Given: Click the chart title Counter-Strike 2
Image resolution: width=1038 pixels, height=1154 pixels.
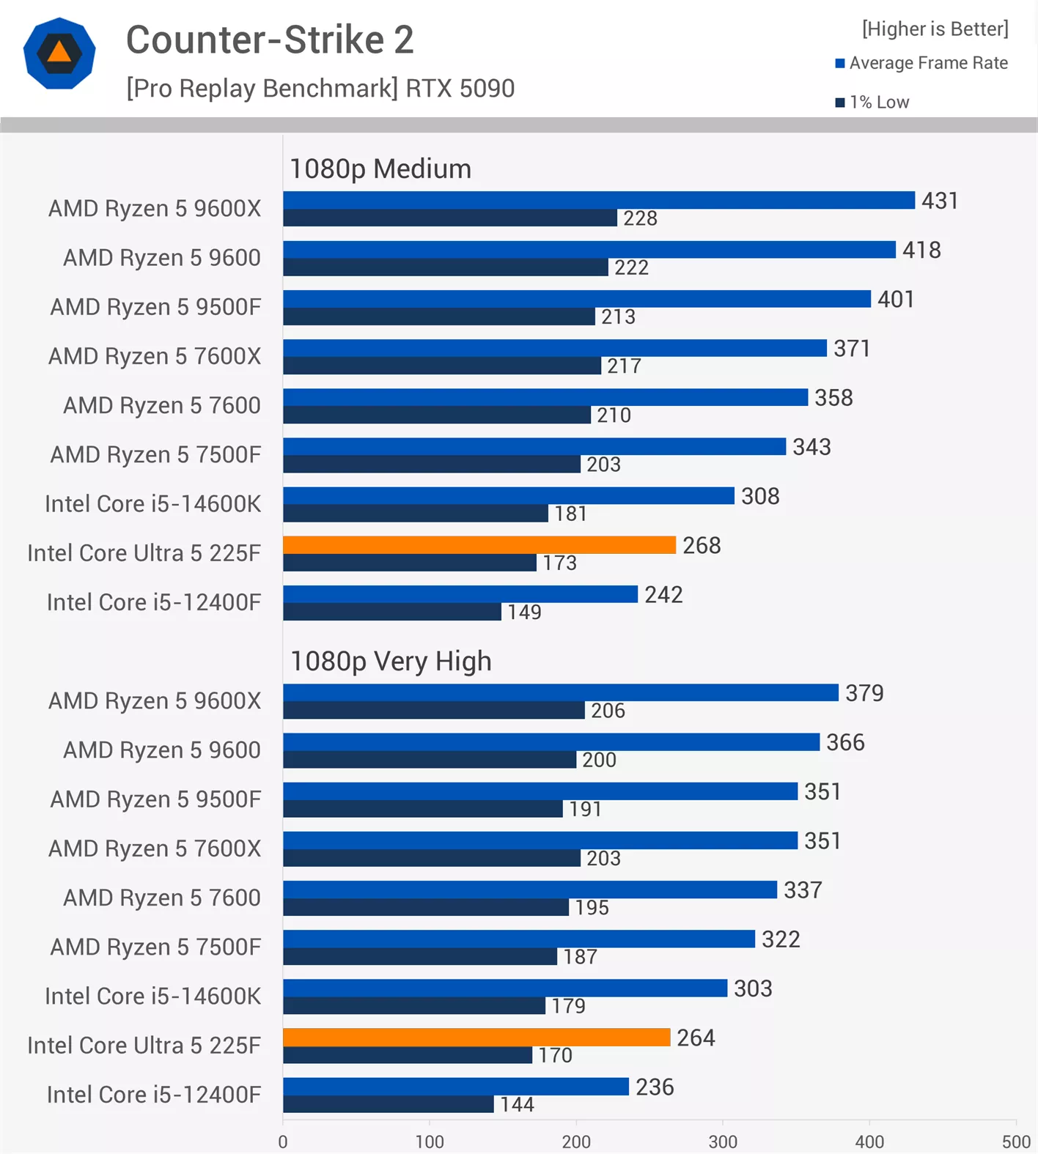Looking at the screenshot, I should click(x=270, y=40).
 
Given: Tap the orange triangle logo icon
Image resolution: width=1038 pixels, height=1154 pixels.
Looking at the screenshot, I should click(x=59, y=53).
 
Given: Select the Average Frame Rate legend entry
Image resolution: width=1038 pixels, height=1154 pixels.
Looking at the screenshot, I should click(x=921, y=63).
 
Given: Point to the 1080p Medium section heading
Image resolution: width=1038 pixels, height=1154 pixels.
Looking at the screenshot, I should click(x=380, y=169).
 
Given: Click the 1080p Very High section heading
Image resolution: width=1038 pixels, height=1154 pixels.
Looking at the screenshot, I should click(x=391, y=662).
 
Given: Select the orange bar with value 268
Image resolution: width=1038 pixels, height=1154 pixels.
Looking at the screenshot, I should click(x=479, y=545).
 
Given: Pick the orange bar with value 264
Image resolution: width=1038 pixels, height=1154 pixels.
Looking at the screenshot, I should click(x=476, y=1038).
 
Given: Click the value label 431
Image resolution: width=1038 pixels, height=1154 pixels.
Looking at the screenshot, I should click(x=939, y=201).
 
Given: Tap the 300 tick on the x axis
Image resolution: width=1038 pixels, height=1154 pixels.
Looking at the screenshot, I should click(x=723, y=1142).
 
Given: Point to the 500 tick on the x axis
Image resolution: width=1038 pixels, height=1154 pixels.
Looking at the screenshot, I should click(x=1016, y=1142).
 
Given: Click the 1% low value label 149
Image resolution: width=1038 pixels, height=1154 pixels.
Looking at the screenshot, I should click(x=524, y=612).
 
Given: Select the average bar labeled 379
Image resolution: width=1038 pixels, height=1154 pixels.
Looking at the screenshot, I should click(x=560, y=693).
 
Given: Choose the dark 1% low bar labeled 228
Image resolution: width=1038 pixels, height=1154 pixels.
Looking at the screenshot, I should click(x=449, y=218).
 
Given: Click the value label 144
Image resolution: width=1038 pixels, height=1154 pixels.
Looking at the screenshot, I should click(x=517, y=1104).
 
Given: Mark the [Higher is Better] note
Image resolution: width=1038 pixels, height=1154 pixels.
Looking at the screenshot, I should click(x=935, y=29).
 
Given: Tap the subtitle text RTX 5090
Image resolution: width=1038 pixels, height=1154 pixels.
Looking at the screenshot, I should click(x=460, y=89).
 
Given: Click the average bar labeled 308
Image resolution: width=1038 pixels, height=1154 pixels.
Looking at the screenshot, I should click(x=508, y=496).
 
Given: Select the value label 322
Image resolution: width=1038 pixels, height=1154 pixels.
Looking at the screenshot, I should click(x=780, y=939).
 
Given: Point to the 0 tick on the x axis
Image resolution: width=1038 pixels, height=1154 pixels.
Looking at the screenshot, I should click(x=283, y=1142).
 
